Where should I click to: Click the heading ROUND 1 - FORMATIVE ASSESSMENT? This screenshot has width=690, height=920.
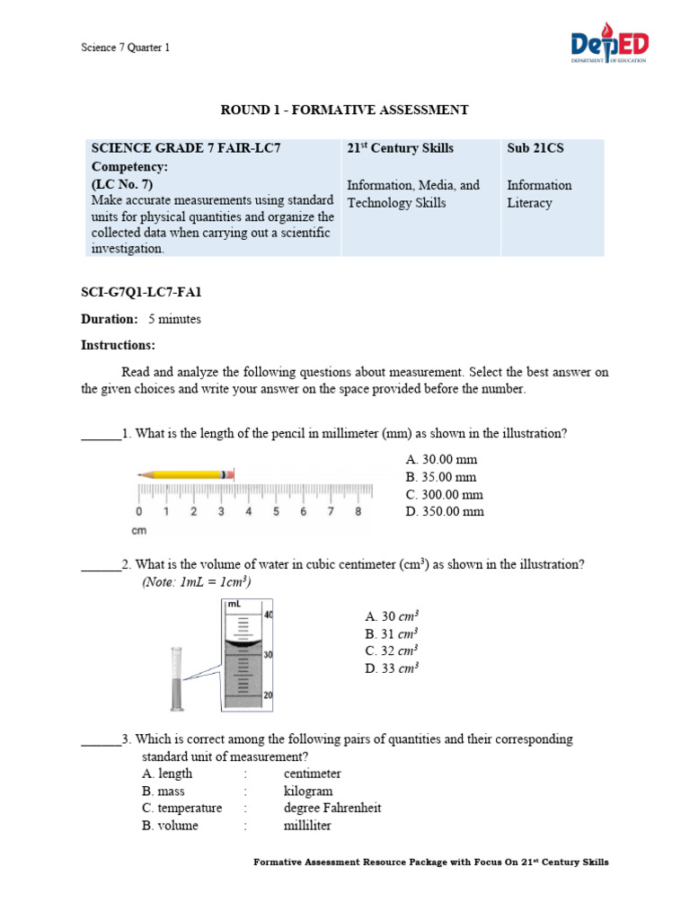(345, 110)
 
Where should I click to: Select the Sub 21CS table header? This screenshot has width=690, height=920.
(535, 148)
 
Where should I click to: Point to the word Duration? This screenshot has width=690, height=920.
(110, 319)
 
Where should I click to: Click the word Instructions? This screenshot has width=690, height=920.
(118, 345)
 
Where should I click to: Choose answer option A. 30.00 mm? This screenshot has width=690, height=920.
(441, 459)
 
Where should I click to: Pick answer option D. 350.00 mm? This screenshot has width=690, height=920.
(444, 511)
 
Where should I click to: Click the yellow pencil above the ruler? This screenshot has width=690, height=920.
(186, 473)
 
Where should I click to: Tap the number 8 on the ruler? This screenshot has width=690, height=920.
(358, 512)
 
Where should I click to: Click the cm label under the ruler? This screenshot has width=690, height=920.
(139, 530)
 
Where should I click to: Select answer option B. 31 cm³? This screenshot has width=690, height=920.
(393, 633)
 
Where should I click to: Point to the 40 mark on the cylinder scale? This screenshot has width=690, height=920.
(269, 615)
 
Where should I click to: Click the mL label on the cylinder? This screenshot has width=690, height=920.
(234, 605)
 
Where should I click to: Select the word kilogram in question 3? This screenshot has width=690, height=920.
(308, 791)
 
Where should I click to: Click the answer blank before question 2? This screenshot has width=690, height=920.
(101, 566)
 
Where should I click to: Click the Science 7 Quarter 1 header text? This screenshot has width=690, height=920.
(125, 48)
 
